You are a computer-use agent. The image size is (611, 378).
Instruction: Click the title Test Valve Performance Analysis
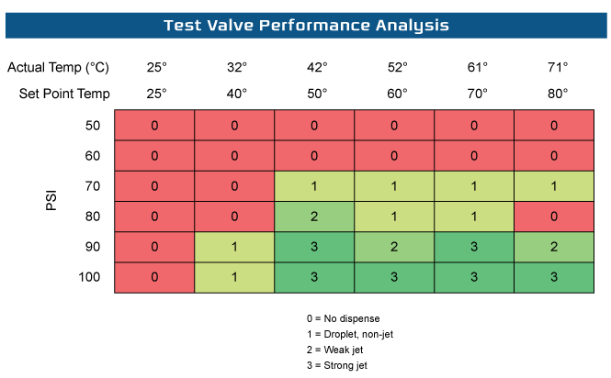click(306, 25)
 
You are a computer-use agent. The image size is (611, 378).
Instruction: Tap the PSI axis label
click(52, 200)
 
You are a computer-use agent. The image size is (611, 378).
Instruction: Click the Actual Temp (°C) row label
click(58, 68)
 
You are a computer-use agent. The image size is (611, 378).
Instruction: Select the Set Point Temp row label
click(64, 94)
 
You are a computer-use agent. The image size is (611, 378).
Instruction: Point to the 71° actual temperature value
click(554, 68)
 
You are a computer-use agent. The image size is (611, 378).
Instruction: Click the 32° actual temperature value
click(234, 68)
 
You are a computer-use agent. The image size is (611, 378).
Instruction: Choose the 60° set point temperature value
click(394, 94)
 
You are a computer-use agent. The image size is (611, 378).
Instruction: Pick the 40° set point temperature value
click(234, 94)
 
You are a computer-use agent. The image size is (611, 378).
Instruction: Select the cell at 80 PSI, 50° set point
click(314, 217)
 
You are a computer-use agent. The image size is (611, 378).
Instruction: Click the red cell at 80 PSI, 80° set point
click(554, 217)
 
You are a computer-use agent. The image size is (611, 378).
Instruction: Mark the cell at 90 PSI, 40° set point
click(234, 247)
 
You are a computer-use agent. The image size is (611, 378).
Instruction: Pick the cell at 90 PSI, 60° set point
click(394, 247)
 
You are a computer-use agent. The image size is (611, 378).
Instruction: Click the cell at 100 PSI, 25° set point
click(154, 277)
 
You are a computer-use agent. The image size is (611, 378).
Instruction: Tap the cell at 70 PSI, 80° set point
click(554, 186)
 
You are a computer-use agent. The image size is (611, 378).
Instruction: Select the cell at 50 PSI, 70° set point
click(474, 126)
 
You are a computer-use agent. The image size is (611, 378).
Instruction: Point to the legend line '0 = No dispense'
click(344, 317)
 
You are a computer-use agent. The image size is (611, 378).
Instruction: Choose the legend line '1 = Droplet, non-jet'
click(352, 334)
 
